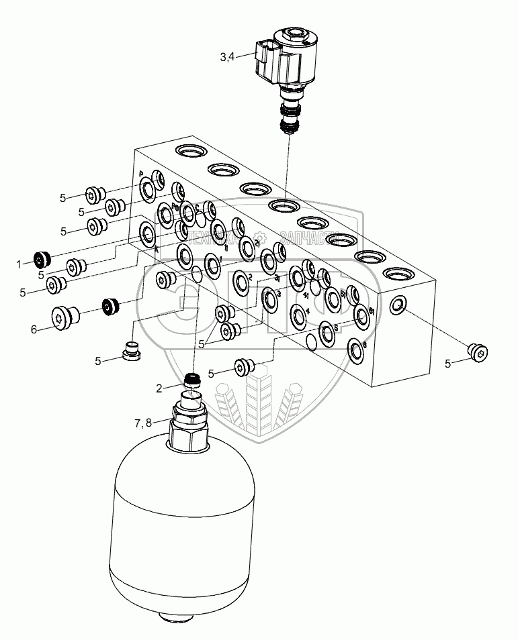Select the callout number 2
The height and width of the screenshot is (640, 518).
point(159,388)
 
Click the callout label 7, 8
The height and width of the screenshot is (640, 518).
point(143,423)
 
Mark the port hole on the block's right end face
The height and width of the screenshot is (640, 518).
point(397,306)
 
